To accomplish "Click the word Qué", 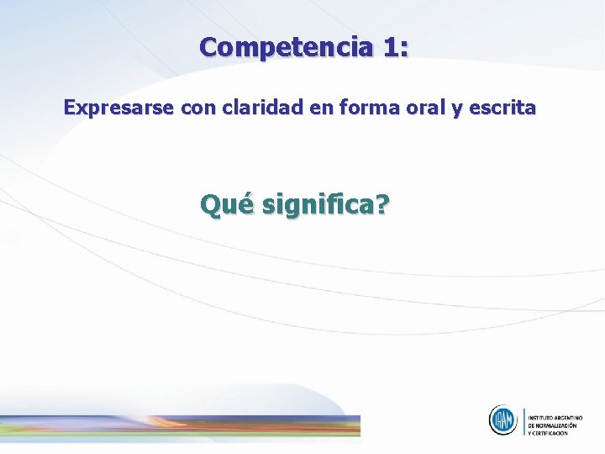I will tap(226, 203).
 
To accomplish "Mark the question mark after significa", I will tap(381, 203).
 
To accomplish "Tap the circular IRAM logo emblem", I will tap(503, 420).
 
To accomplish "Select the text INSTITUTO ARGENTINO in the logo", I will tap(555, 417).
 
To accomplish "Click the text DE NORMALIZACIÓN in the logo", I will tap(553, 425).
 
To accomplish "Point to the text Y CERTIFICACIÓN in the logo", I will tap(548, 433).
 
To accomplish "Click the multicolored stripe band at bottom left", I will tap(180, 425).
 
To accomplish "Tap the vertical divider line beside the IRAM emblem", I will tap(523, 420).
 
